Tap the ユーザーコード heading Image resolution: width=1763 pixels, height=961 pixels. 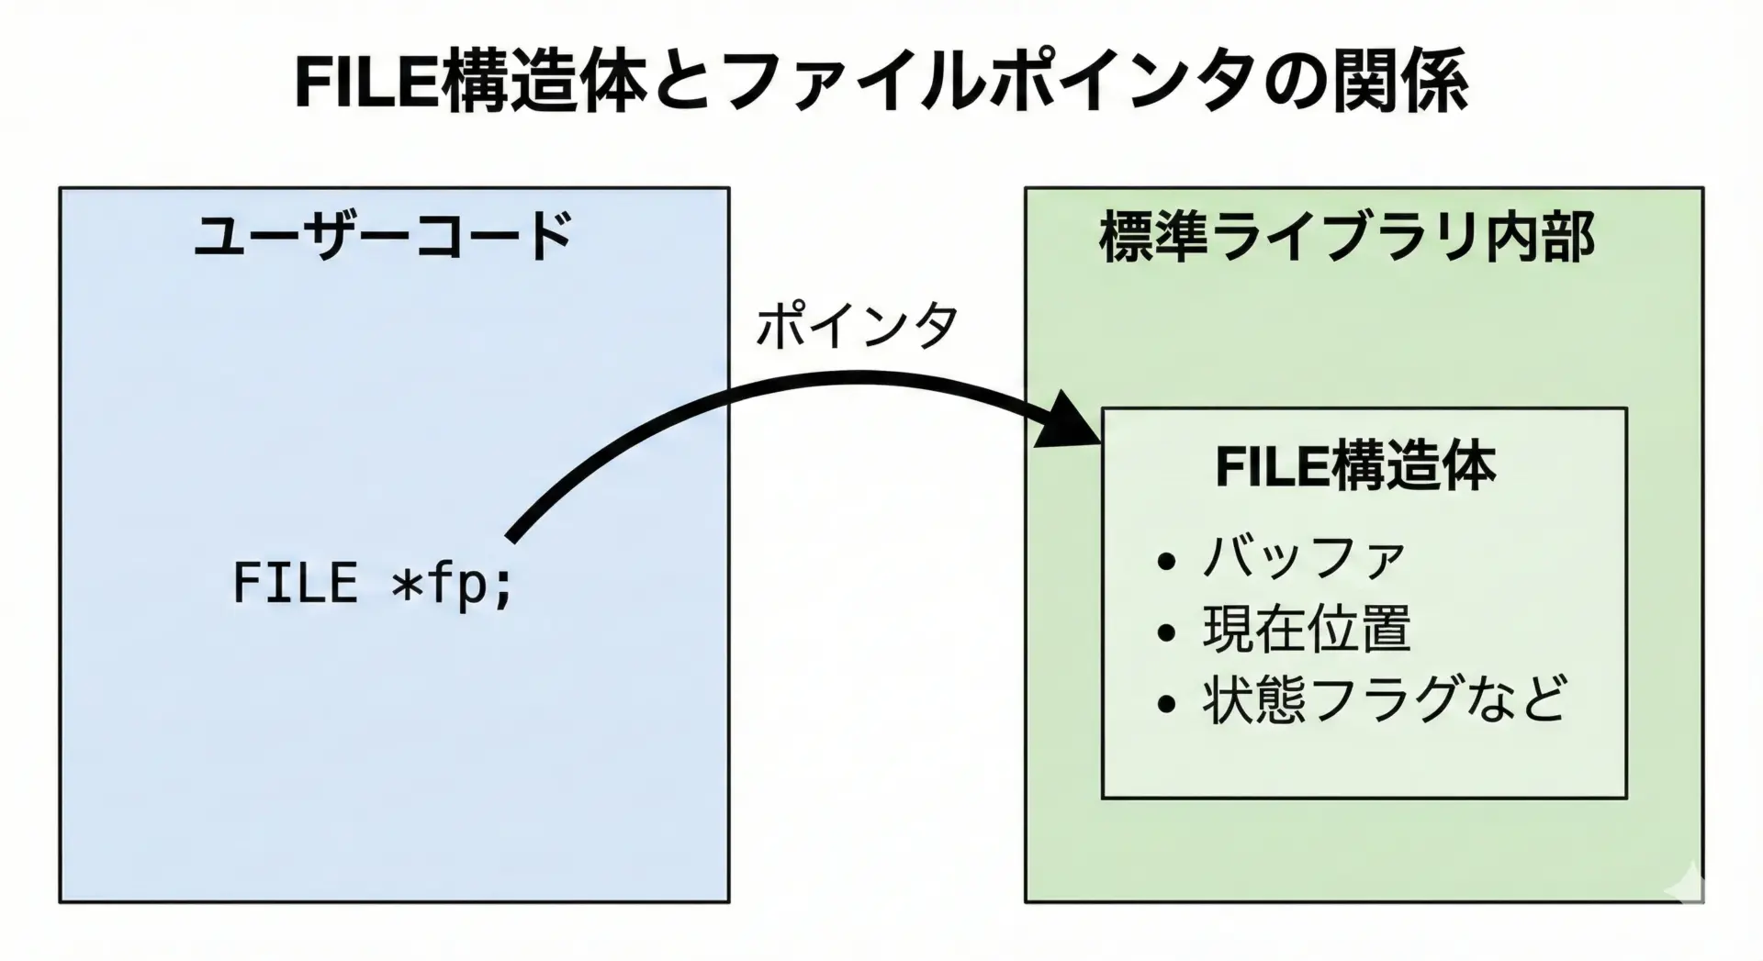pos(384,237)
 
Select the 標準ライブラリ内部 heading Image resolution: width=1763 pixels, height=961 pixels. pos(1346,238)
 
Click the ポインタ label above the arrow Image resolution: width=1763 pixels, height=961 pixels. pos(856,326)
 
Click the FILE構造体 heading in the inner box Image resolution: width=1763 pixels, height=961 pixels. pos(1355,466)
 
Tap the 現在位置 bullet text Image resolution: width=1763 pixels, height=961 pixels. pos(1306,630)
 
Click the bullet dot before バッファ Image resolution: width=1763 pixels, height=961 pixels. pos(1167,562)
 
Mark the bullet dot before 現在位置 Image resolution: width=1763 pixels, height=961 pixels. pos(1167,632)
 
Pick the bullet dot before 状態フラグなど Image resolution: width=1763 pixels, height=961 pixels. pos(1167,704)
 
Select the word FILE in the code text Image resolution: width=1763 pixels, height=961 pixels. pos(295,583)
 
